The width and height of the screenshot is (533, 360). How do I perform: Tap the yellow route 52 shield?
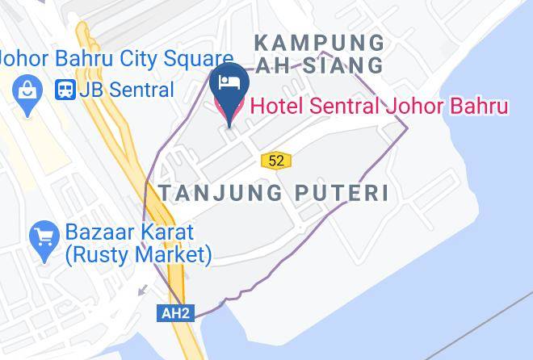[276, 161]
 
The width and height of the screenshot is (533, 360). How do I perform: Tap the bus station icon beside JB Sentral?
[65, 90]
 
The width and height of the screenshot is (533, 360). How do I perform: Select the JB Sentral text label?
[126, 90]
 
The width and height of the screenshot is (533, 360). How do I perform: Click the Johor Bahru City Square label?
[115, 59]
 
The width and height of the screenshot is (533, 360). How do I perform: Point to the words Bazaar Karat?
[129, 232]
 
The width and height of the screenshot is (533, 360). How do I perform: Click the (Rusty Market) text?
[138, 255]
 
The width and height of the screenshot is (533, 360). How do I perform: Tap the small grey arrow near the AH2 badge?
[143, 289]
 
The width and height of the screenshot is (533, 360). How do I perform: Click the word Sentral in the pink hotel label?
[339, 107]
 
